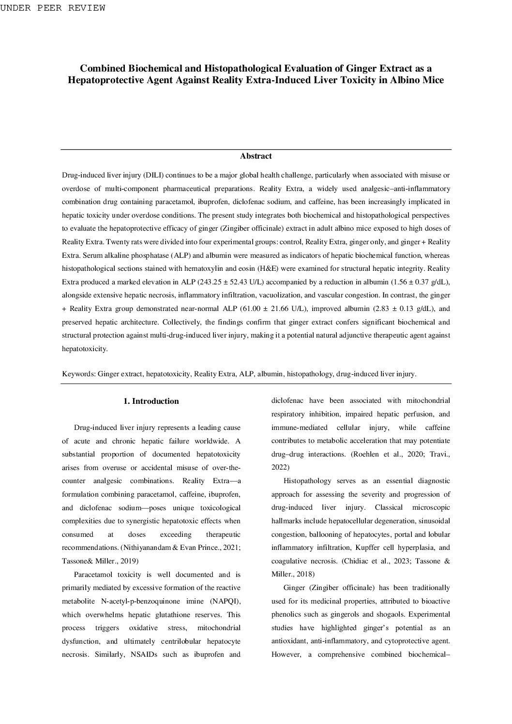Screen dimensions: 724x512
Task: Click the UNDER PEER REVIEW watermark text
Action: point(53,8)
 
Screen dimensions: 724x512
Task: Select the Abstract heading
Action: point(256,156)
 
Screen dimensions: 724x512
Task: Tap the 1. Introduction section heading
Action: point(151,401)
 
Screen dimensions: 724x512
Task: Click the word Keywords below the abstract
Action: point(78,374)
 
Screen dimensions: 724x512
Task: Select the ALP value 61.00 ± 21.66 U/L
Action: point(273,309)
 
